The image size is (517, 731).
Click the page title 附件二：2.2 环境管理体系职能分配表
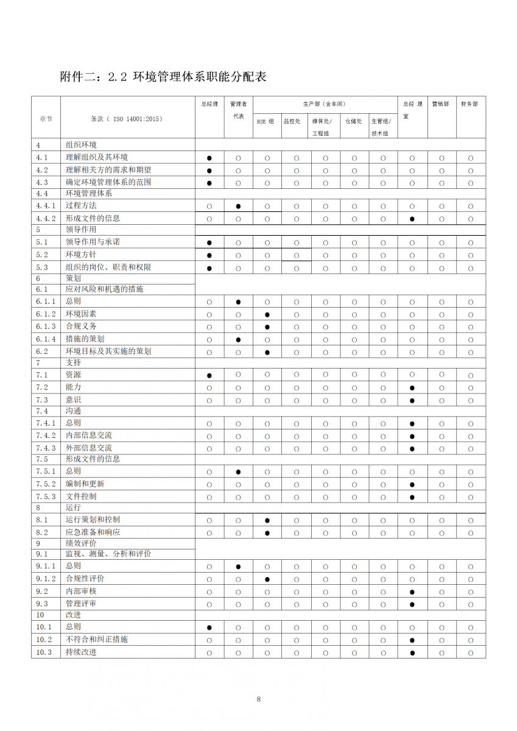pyautogui.click(x=163, y=77)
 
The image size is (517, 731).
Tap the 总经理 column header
pyautogui.click(x=209, y=104)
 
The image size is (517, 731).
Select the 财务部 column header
pyautogui.click(x=470, y=104)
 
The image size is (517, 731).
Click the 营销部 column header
pyautogui.click(x=440, y=104)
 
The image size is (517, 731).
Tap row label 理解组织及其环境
pyautogui.click(x=97, y=158)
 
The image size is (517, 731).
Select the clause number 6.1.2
pyautogui.click(x=46, y=314)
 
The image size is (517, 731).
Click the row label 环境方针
pyautogui.click(x=81, y=255)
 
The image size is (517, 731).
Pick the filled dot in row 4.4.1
pyautogui.click(x=238, y=207)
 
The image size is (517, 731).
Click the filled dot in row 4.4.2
pyautogui.click(x=412, y=219)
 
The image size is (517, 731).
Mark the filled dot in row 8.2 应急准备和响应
pyautogui.click(x=267, y=533)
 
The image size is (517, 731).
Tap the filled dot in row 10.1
pyautogui.click(x=209, y=627)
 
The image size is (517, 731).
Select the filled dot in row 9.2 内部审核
pyautogui.click(x=412, y=592)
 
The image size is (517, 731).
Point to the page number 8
pyautogui.click(x=259, y=699)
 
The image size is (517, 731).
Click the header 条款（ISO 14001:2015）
pyautogui.click(x=126, y=119)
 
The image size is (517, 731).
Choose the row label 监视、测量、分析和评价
pyautogui.click(x=108, y=554)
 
